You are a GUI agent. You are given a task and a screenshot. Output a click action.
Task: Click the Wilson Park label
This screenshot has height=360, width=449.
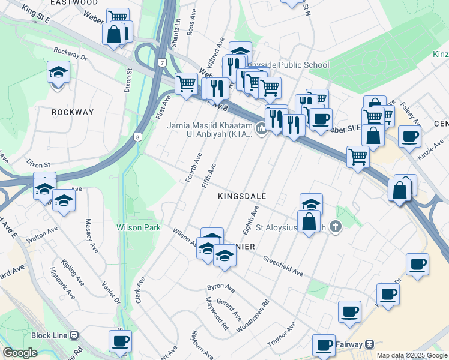click(139, 228)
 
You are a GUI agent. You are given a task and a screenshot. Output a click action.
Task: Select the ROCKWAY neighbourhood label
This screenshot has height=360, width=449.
click(73, 112)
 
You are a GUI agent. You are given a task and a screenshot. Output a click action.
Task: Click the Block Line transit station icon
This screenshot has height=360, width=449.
click(74, 335)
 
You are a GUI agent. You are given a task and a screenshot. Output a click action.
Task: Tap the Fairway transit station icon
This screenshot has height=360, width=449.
click(370, 344)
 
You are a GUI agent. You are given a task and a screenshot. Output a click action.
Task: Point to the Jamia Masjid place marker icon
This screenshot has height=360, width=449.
click(261, 128)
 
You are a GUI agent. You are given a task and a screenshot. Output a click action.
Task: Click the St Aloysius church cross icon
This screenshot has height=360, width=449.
click(336, 227)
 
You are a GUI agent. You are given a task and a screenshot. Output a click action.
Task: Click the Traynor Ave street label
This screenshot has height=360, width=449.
click(282, 335)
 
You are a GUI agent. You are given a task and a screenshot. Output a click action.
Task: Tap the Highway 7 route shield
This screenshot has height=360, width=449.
click(162, 62)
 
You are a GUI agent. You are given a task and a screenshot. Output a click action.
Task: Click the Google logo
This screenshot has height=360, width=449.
click(20, 353)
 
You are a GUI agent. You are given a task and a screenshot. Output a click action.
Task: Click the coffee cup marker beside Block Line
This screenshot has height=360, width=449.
click(120, 341)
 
